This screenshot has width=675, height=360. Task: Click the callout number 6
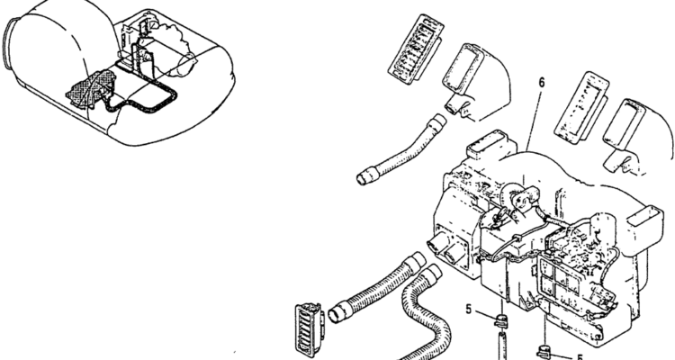pos(542,82)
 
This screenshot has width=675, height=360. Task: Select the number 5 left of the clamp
pos(469,309)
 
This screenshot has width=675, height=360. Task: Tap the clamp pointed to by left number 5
pos(500,320)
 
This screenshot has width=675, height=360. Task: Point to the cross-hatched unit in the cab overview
pos(92,89)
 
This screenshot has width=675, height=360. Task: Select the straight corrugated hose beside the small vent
pos(376,286)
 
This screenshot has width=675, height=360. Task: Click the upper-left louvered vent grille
pos(416,49)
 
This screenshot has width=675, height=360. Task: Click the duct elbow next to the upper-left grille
pos(476,83)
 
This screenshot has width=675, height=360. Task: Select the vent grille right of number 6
pos(581,107)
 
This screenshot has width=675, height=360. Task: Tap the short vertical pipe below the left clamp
pos(501,345)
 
